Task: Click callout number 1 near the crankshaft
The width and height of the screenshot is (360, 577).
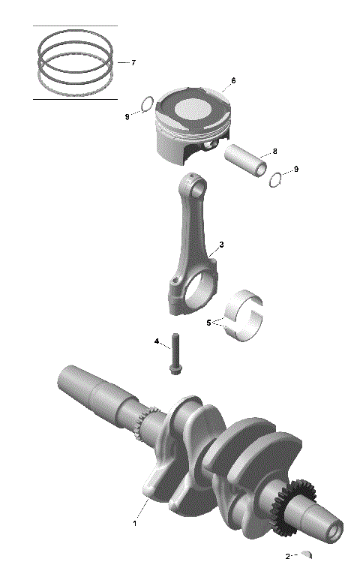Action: [135, 523]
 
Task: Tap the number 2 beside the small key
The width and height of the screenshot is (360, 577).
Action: [287, 557]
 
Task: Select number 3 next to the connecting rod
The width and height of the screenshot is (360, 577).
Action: [221, 245]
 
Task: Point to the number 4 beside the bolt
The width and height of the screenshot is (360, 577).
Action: [157, 341]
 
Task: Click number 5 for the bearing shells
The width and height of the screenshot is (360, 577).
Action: [209, 323]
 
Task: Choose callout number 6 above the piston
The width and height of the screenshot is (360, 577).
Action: [233, 80]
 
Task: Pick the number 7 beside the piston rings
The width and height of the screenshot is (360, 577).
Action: [133, 63]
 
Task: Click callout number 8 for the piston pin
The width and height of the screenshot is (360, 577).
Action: [274, 152]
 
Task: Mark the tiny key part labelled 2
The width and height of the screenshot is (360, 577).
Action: [305, 556]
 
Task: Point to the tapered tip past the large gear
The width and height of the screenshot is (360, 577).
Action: [330, 526]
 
